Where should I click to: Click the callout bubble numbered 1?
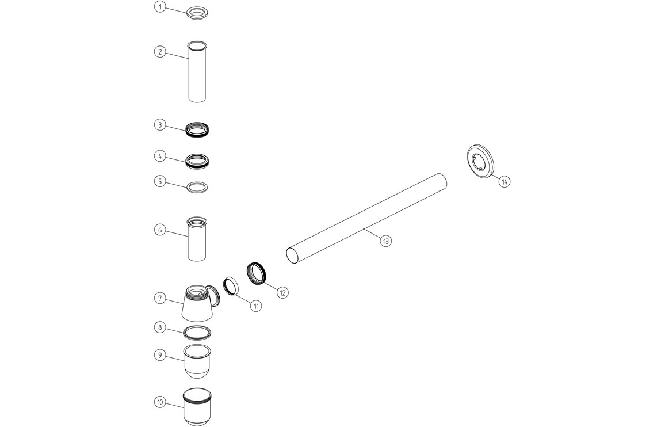[x=160, y=7]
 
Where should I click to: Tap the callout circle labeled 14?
[x=505, y=181]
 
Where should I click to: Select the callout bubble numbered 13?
[x=385, y=241]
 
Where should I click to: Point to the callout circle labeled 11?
[x=255, y=306]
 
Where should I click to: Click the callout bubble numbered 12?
[x=282, y=292]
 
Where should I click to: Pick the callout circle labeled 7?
[x=160, y=298]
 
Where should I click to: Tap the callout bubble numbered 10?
[x=160, y=402]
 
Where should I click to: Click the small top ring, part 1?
[x=197, y=13]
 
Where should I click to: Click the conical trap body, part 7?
[x=197, y=305]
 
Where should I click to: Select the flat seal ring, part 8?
[x=197, y=332]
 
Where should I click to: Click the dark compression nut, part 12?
[x=257, y=273]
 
